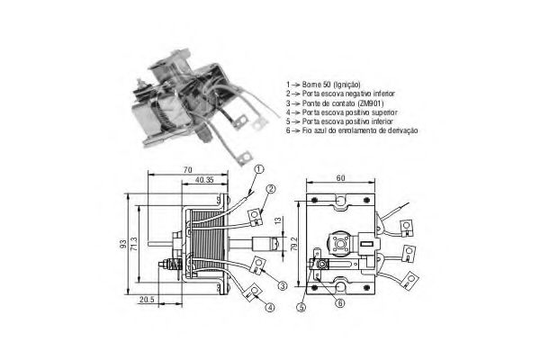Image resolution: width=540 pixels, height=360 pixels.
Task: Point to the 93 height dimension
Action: pyautogui.click(x=123, y=244)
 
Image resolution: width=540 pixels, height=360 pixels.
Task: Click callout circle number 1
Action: pyautogui.click(x=258, y=169)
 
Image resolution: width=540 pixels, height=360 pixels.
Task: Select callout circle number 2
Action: pyautogui.click(x=268, y=189)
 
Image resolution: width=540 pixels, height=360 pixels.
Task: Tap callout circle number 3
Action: pyautogui.click(x=283, y=285)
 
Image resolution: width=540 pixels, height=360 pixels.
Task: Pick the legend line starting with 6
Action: pyautogui.click(x=355, y=131)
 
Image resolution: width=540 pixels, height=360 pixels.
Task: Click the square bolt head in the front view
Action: pyautogui.click(x=341, y=246)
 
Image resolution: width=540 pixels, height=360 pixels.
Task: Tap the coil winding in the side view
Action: pyautogui.click(x=210, y=243)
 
